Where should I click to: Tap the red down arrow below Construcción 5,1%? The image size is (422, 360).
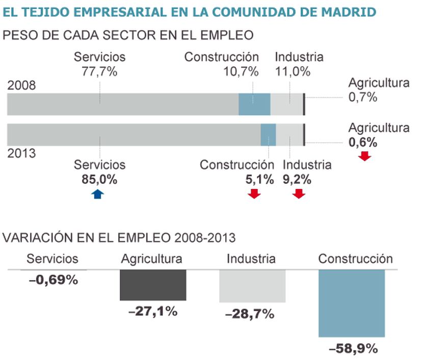pyautogui.click(x=254, y=193)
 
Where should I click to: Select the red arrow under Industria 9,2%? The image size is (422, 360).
pyautogui.click(x=299, y=193)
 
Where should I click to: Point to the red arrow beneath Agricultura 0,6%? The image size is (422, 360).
pyautogui.click(x=364, y=156)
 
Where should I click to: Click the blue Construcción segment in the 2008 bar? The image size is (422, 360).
pyautogui.click(x=254, y=104)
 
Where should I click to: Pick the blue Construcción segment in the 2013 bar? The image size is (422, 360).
pyautogui.click(x=268, y=134)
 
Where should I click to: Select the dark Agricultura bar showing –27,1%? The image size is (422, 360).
pyautogui.click(x=153, y=285)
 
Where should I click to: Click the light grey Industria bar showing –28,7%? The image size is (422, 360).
pyautogui.click(x=252, y=286)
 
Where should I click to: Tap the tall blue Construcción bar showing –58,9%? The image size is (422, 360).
pyautogui.click(x=351, y=303)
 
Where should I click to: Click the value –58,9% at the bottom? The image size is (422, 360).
pyautogui.click(x=353, y=349)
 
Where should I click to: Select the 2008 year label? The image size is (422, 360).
pyautogui.click(x=21, y=86)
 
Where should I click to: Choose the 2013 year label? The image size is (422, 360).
pyautogui.click(x=21, y=153)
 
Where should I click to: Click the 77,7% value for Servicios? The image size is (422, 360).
pyautogui.click(x=99, y=71)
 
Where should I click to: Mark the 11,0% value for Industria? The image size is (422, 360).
pyautogui.click(x=293, y=71)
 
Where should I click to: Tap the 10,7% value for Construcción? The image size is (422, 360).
pyautogui.click(x=241, y=71)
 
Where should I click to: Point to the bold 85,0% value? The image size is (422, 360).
pyautogui.click(x=99, y=179)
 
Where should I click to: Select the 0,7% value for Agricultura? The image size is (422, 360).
pyautogui.click(x=363, y=97)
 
